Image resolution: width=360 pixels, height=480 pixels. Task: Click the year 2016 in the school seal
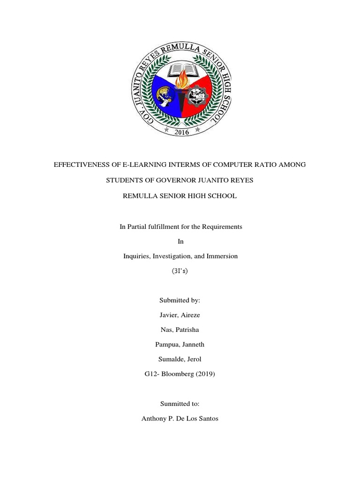tap(181, 132)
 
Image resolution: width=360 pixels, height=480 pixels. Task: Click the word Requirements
tap(222, 226)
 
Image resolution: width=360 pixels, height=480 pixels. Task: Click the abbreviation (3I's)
tap(180, 271)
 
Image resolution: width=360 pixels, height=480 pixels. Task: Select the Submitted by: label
tap(180, 300)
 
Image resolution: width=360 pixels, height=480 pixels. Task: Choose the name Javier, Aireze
tap(180, 315)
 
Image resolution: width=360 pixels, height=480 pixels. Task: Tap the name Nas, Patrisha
tap(180, 330)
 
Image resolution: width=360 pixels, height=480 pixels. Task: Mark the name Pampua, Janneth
tap(180, 345)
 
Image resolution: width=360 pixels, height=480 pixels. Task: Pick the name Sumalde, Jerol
tap(180, 359)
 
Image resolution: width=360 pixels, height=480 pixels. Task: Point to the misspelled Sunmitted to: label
tap(180, 403)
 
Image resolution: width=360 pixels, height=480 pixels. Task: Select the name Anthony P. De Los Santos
tap(180, 418)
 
